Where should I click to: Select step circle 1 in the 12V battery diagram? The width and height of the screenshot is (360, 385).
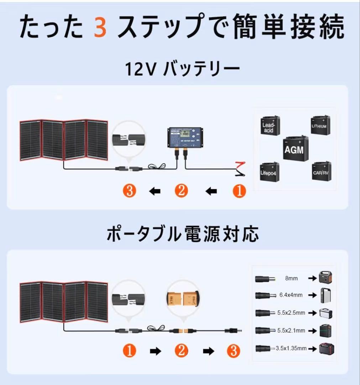click(x=239, y=191)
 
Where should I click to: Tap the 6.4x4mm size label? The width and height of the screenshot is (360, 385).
click(x=291, y=295)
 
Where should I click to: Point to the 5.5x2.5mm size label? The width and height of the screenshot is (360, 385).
click(x=291, y=313)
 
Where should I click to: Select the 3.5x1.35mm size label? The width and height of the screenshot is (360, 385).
click(x=291, y=348)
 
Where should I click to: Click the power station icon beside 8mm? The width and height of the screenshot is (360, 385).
click(x=327, y=277)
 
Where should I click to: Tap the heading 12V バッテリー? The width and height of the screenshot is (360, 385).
click(x=182, y=70)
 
